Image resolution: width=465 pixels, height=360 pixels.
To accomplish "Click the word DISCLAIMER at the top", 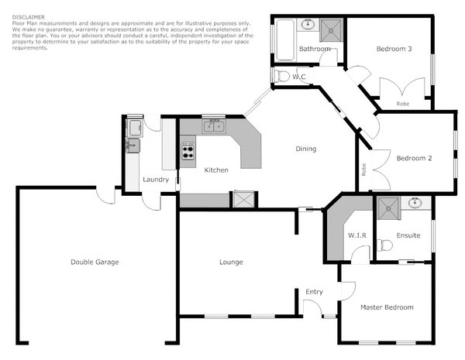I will (28, 15).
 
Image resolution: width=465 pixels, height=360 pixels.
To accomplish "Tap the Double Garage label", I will (94, 262).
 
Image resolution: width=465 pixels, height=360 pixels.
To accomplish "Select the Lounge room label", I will (231, 262).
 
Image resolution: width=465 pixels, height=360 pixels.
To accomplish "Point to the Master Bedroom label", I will (387, 307).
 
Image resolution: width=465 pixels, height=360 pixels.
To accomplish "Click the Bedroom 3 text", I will (394, 49).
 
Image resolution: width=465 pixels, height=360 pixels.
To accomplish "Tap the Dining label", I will (305, 149).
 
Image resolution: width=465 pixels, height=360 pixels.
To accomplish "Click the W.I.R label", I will (356, 235).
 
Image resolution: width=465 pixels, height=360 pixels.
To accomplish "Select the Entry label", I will (314, 292).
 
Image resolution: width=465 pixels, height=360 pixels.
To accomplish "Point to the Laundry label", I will (156, 180).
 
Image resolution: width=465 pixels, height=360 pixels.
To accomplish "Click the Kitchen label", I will (215, 170).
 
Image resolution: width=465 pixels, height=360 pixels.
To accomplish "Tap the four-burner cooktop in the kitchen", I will (188, 150).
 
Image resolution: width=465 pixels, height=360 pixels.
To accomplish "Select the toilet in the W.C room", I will (281, 76).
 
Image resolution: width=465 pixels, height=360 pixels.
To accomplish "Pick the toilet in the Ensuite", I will (385, 247).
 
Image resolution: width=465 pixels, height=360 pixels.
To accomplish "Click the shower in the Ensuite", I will (387, 206).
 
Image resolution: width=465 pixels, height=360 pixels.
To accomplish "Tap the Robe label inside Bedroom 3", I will (403, 103).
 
